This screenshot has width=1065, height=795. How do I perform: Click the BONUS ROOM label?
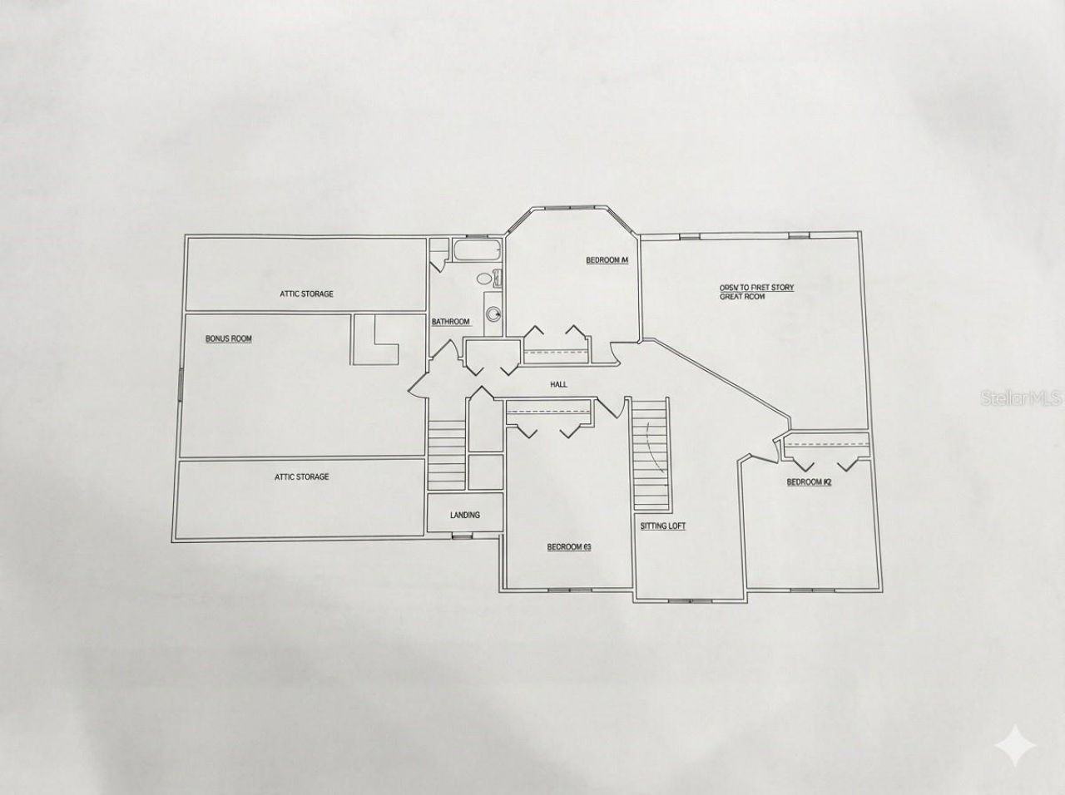click(229, 339)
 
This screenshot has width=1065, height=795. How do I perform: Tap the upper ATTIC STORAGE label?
click(306, 294)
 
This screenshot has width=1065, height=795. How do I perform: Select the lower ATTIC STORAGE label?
click(302, 477)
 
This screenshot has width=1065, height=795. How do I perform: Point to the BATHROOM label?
click(450, 322)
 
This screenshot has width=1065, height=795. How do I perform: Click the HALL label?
click(558, 385)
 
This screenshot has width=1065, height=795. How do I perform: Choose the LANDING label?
click(464, 516)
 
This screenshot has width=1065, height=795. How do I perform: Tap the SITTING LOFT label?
click(663, 526)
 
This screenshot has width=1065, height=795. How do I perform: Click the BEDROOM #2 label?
click(810, 482)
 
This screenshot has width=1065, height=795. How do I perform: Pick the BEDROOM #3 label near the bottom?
click(569, 547)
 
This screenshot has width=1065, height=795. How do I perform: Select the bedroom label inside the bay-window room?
click(607, 261)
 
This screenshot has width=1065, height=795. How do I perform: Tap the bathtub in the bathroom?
click(477, 250)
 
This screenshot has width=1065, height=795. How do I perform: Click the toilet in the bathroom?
click(489, 279)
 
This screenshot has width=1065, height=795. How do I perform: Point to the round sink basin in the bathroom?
click(494, 314)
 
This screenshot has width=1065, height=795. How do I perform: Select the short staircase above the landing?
click(446, 453)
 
